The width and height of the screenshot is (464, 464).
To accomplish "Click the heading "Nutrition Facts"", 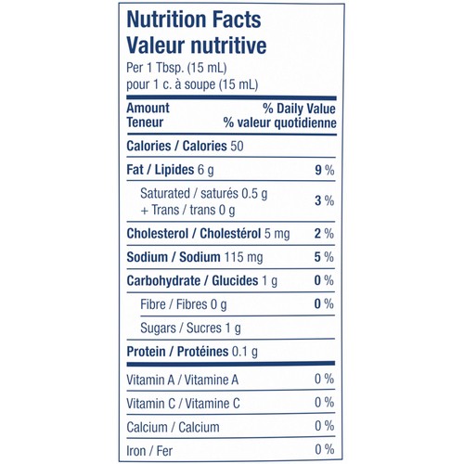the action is coord(194,19).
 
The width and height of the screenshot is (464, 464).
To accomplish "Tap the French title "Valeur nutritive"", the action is coord(197,45).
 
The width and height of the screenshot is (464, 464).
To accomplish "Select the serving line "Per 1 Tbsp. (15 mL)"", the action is coord(176,68).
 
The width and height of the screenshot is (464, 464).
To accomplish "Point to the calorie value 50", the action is coord(237,146).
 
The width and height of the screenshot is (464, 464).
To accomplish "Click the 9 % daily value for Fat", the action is coord(325,170).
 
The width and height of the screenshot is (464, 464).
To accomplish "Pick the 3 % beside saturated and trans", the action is coord(325,200).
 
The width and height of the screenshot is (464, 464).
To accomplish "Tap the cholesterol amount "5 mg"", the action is coord(277,234).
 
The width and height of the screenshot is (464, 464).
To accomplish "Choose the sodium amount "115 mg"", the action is coord(243,257).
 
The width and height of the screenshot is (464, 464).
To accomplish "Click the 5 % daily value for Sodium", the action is coord(324,257).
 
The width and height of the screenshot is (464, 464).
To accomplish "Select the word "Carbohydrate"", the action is coord(163,281).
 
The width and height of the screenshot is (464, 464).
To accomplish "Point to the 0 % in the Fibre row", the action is coord(324,303).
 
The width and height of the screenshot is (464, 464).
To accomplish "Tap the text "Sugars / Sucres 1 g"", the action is coord(190,329).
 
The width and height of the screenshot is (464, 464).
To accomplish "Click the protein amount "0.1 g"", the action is coord(245,352).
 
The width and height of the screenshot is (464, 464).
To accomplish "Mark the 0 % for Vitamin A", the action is coord(325,379).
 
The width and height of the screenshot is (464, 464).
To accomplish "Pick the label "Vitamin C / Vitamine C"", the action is coord(183,404).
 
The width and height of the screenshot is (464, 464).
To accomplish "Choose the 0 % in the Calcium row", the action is coord(325,426).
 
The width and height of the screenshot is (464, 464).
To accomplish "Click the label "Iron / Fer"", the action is coord(149,451).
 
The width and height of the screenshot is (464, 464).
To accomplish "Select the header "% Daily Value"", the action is coord(299,109).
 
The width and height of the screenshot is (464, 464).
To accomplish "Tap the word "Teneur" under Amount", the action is coord(145,122).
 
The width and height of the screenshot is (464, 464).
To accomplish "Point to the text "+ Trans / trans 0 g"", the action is coord(187,211).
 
